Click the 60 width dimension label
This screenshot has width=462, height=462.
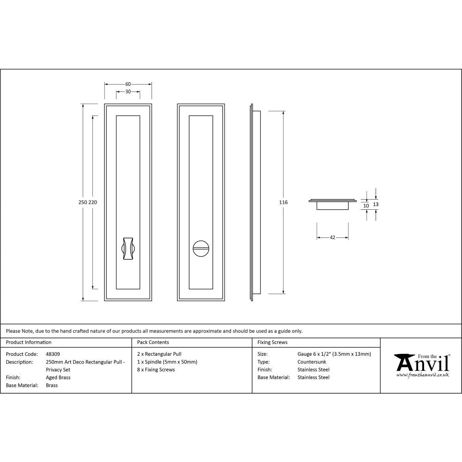point(128,84)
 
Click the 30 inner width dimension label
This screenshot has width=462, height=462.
point(128,91)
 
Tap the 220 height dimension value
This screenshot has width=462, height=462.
point(93,202)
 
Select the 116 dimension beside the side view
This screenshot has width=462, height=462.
point(283,202)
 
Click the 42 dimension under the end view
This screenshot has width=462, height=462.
point(332,237)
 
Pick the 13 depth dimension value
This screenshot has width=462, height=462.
point(376,204)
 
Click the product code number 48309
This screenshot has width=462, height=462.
point(53,354)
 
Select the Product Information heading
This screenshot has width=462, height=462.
point(29,342)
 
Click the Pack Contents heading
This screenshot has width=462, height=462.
point(153,342)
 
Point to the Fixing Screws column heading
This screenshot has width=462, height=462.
point(272,342)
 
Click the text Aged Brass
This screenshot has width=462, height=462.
point(58,377)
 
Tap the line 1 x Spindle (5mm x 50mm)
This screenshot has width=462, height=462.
point(167,362)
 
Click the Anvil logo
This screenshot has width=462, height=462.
point(421,363)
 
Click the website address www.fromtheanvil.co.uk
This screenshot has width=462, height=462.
point(422,375)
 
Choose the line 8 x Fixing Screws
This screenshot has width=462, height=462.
point(156,370)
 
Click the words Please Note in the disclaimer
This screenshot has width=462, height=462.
point(20,331)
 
